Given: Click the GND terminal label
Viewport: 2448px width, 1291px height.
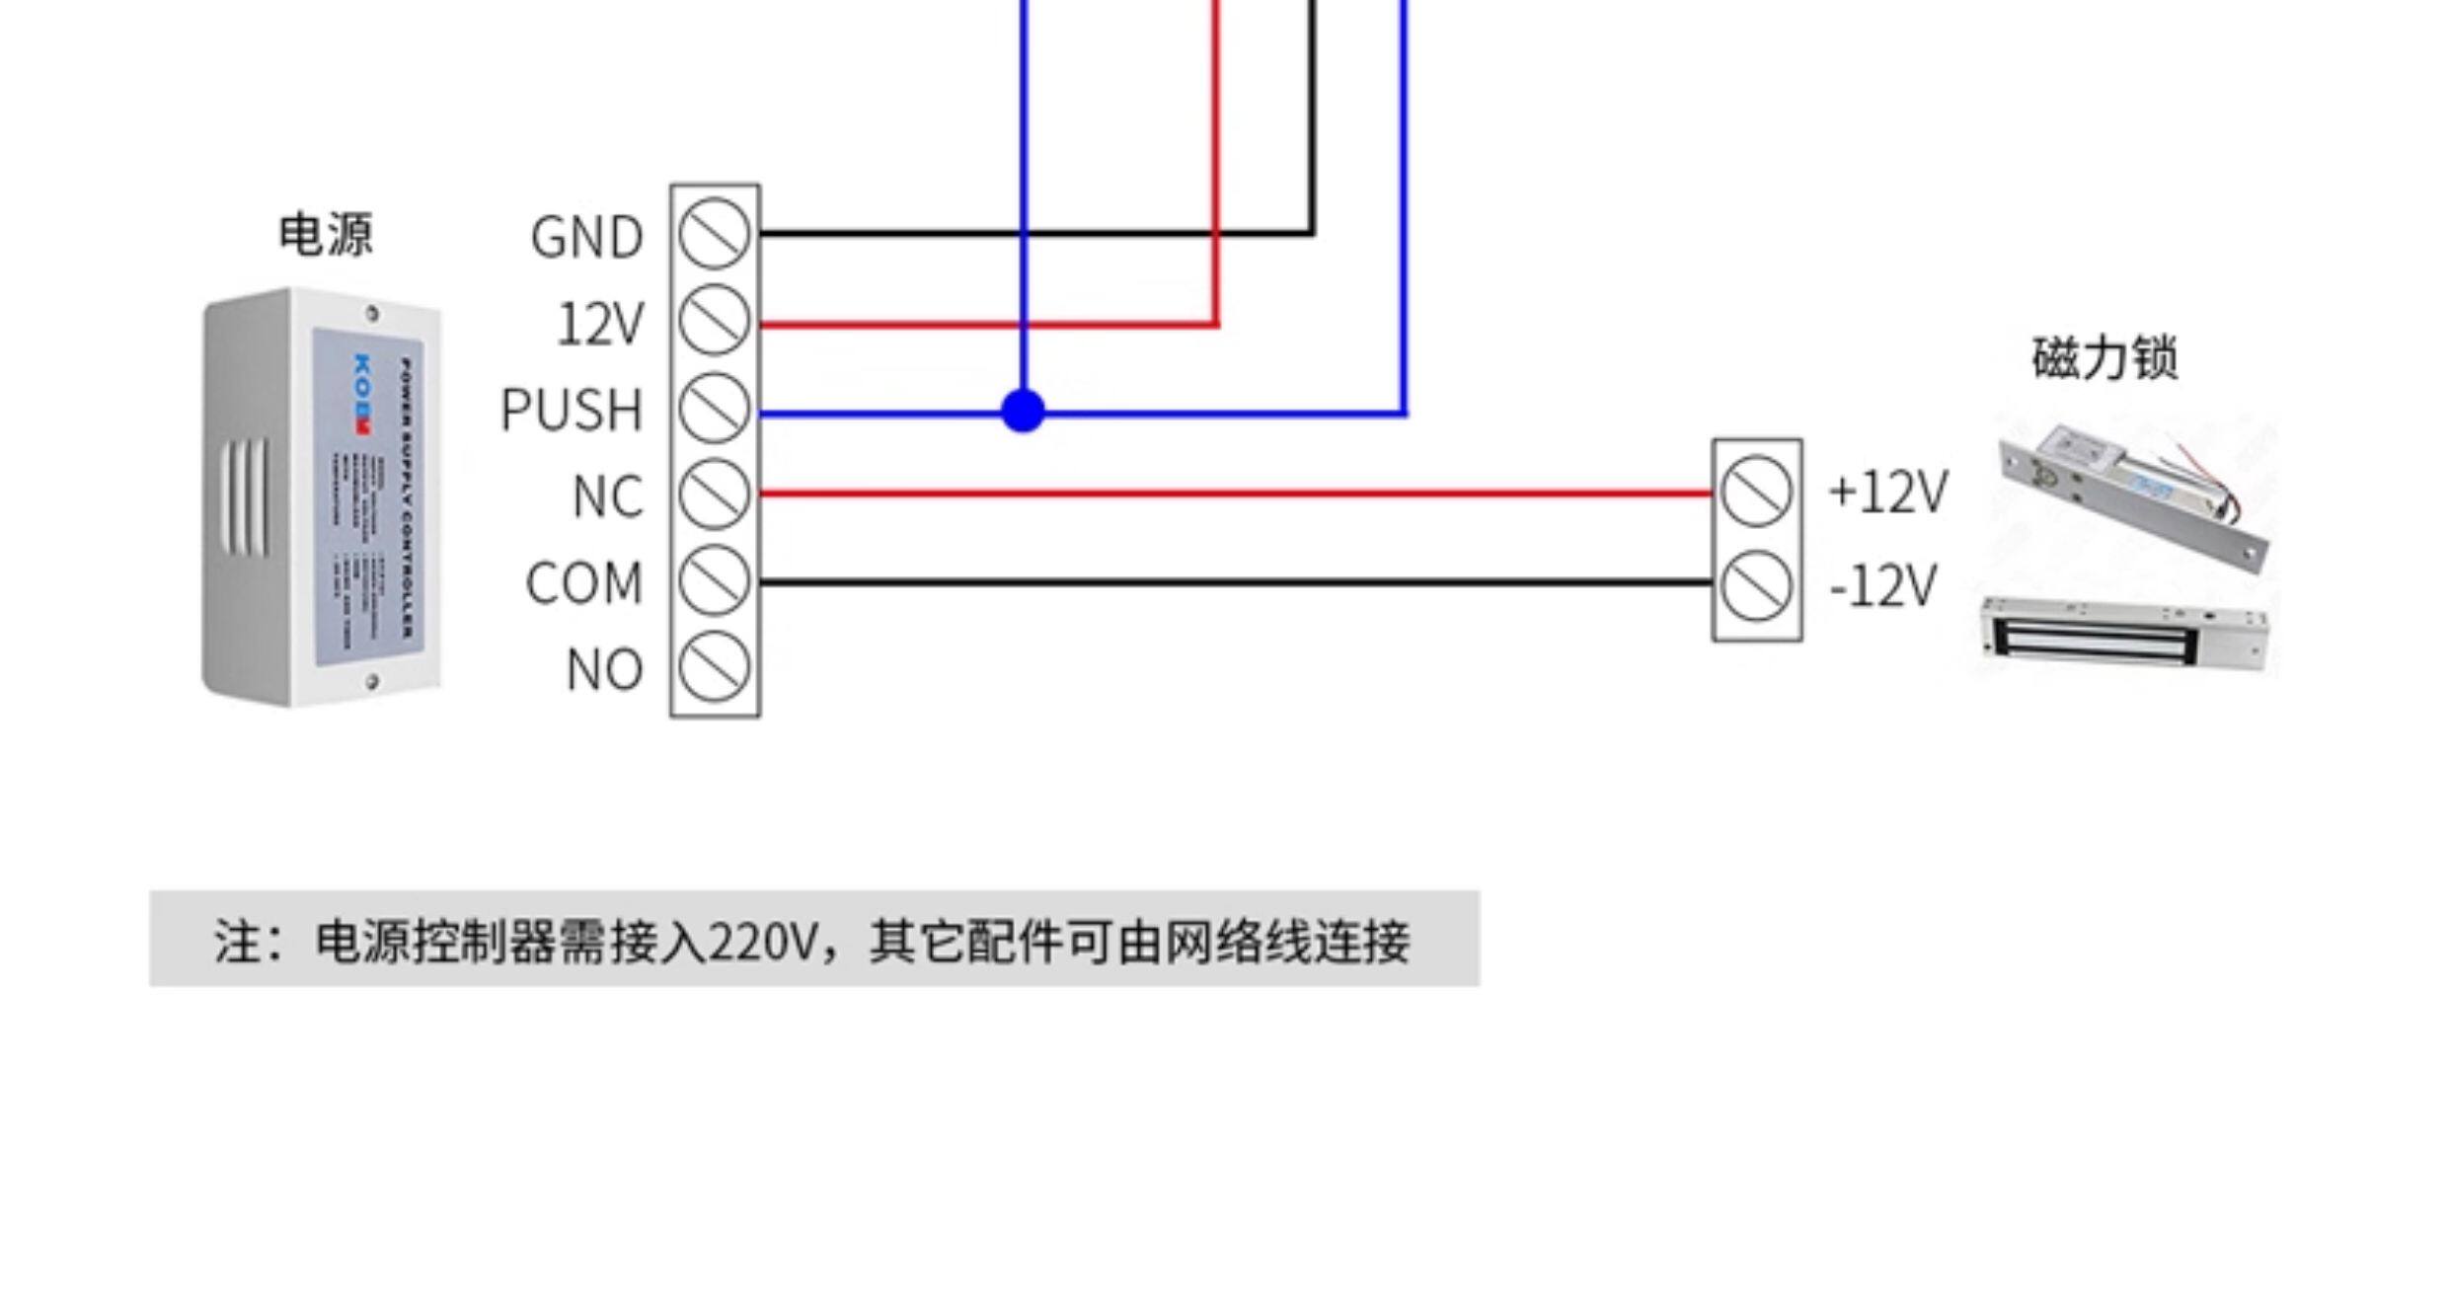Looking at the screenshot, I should (586, 238).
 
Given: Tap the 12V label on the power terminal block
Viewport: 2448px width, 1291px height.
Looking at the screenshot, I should (600, 324).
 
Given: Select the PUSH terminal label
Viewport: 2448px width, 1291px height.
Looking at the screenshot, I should (572, 410).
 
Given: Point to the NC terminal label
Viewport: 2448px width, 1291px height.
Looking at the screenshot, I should (607, 495).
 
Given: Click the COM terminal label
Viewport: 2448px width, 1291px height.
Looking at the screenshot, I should (583, 582).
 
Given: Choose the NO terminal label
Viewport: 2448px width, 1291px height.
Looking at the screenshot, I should (604, 669).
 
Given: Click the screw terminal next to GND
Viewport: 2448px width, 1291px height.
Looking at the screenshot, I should (715, 234).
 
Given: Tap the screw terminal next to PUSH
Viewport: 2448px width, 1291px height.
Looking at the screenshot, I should (715, 408).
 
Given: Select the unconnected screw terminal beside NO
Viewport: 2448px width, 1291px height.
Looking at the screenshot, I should (715, 667).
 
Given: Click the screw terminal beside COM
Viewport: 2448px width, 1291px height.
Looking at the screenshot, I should (715, 580).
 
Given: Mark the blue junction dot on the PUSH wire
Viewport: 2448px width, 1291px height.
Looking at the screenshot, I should (1023, 411).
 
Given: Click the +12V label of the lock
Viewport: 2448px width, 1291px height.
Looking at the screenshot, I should (1887, 492).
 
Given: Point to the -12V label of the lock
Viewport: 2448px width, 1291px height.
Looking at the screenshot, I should (1882, 586).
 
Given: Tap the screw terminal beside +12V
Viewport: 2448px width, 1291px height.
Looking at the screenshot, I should (1756, 492).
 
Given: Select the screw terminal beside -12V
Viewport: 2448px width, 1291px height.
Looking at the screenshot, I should (1756, 586).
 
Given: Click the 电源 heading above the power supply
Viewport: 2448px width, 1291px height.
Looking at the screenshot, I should (326, 235).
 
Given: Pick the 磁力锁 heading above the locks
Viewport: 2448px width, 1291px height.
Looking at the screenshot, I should (2104, 357).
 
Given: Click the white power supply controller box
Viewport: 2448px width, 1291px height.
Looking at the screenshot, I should (322, 496).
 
